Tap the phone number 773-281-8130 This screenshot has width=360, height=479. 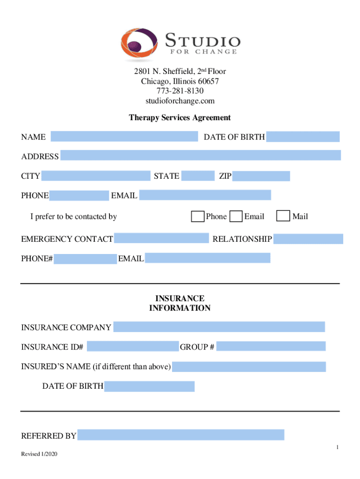click(180, 91)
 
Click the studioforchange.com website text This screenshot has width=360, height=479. click(180, 101)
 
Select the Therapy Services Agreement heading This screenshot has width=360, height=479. click(180, 118)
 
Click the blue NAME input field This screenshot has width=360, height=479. click(124, 137)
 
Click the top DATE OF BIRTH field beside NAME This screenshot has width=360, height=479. click(303, 137)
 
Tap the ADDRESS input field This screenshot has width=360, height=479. click(201, 156)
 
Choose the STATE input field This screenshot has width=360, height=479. click(197, 176)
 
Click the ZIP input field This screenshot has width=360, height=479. click(261, 176)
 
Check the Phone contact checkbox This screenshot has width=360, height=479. click(198, 216)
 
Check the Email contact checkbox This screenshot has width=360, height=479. click(237, 216)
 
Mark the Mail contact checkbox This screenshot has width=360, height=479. click(283, 216)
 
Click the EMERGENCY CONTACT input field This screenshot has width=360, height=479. click(161, 239)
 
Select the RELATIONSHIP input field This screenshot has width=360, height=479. click(308, 239)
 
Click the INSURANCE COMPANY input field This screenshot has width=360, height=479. click(219, 327)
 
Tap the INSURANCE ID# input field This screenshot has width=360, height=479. click(133, 347)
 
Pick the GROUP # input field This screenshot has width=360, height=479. click(271, 347)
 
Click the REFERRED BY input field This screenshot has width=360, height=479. click(181, 435)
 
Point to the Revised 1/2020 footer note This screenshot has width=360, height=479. click(40, 455)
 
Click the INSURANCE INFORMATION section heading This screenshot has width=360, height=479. click(180, 303)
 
